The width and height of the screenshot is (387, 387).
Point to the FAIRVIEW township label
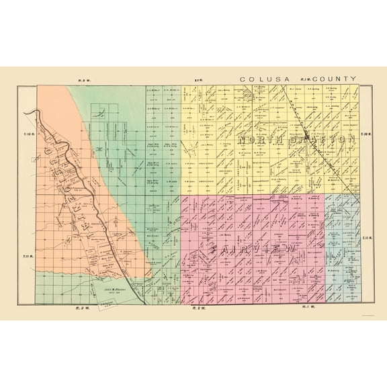[255, 250]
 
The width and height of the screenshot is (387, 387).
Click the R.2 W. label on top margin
[198, 80]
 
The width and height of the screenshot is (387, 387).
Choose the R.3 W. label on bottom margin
[80, 308]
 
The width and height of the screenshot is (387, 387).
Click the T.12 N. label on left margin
[29, 135]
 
